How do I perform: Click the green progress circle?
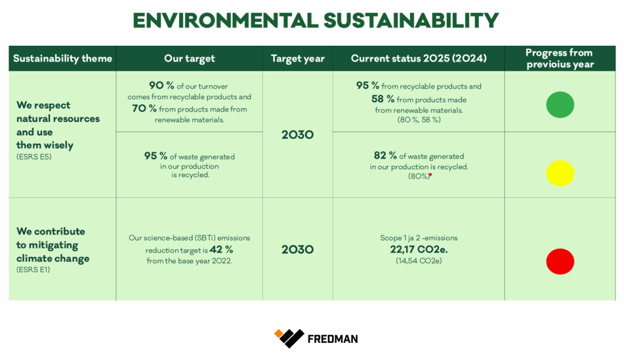click(x=560, y=105)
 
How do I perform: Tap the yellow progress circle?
click(x=560, y=173)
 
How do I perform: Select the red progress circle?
click(x=560, y=261)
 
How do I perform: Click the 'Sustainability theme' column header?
click(x=63, y=58)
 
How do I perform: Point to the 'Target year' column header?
click(x=297, y=58)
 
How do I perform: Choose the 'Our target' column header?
click(x=190, y=58)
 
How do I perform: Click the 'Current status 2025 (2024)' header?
click(x=419, y=58)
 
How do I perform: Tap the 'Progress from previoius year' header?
click(x=559, y=58)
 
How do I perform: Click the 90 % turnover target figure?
click(x=161, y=85)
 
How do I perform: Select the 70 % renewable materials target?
click(x=144, y=108)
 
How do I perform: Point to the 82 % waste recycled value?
click(x=385, y=155)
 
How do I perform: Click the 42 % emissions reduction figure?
click(x=221, y=249)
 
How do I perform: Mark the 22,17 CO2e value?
click(x=419, y=249)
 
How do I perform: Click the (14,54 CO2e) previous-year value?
click(x=419, y=261)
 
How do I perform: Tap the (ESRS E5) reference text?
click(x=34, y=157)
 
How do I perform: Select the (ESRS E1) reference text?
click(x=33, y=270)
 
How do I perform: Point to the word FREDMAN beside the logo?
click(x=333, y=339)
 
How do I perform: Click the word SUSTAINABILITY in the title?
click(x=411, y=21)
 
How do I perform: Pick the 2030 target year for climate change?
click(x=297, y=249)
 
